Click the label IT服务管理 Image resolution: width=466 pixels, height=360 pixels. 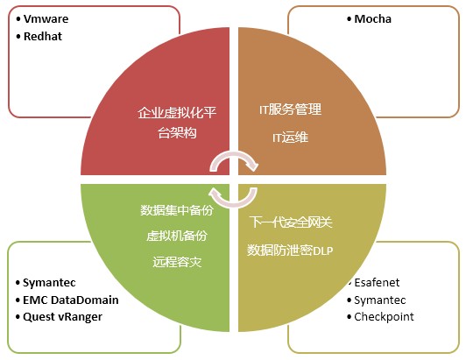coord(290,109)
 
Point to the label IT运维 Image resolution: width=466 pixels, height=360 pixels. coord(290,138)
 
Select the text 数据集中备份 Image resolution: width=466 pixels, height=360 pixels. coord(177,210)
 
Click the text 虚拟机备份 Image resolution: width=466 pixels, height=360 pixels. coord(177,236)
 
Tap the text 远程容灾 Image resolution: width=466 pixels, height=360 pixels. coord(177,262)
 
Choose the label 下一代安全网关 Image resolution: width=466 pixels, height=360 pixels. coord(291,222)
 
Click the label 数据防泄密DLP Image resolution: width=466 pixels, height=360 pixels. coord(290,251)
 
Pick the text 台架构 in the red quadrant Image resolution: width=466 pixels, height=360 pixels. coord(177,133)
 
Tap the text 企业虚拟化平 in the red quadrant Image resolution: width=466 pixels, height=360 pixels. coord(177,113)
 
